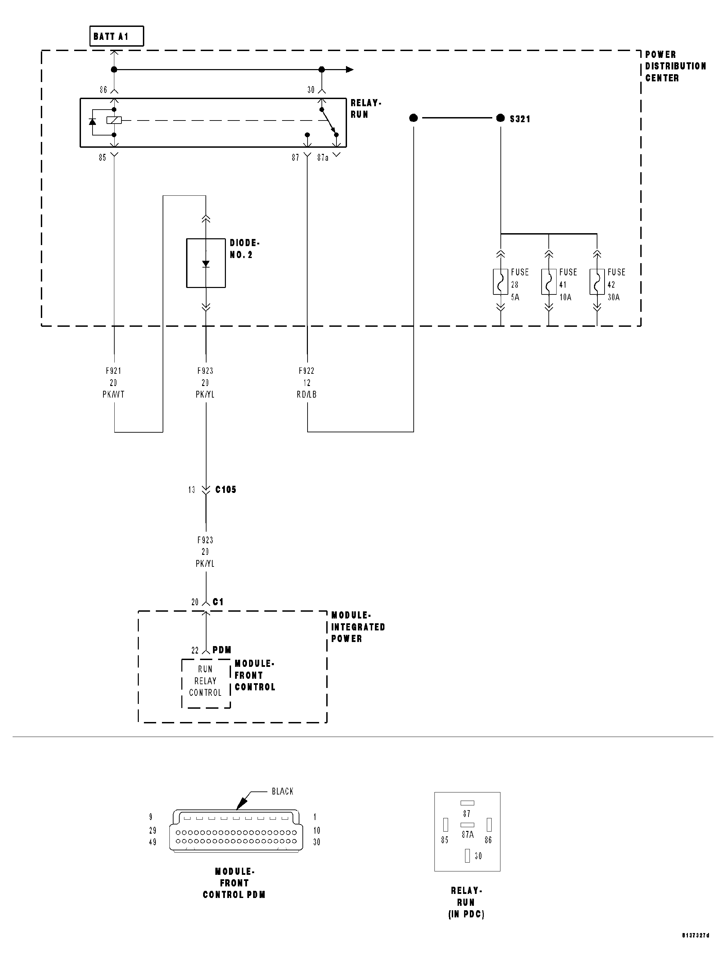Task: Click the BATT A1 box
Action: tap(116, 36)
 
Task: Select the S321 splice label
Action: tap(520, 119)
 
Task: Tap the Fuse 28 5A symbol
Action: tap(500, 282)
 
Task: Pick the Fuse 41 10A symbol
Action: tap(548, 282)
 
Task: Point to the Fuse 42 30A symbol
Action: tap(597, 282)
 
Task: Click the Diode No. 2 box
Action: tap(206, 263)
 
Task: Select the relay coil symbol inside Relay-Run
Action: tap(114, 120)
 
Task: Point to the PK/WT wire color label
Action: tap(114, 395)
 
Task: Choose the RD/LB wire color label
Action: tap(307, 395)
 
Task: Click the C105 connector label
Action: tap(226, 489)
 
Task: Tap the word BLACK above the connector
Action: tap(282, 791)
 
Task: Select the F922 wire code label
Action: tap(307, 371)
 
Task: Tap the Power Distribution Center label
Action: tap(675, 66)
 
